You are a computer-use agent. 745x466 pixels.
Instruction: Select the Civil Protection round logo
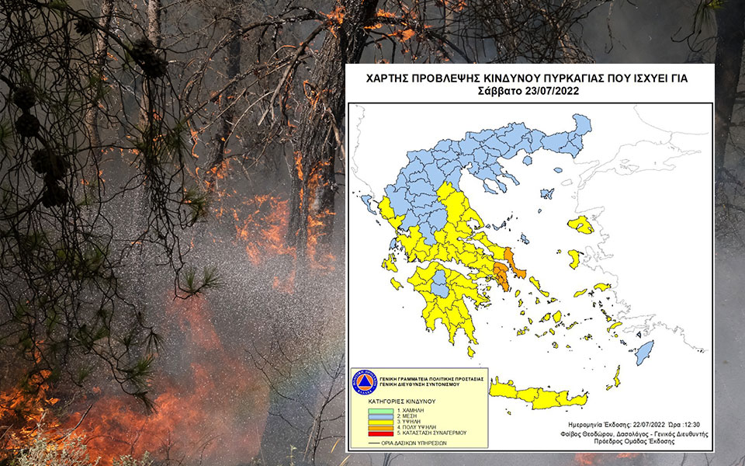(366, 382)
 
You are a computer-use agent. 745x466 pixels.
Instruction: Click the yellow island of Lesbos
(580, 225)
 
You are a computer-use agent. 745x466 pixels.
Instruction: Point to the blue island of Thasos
(528, 160)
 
